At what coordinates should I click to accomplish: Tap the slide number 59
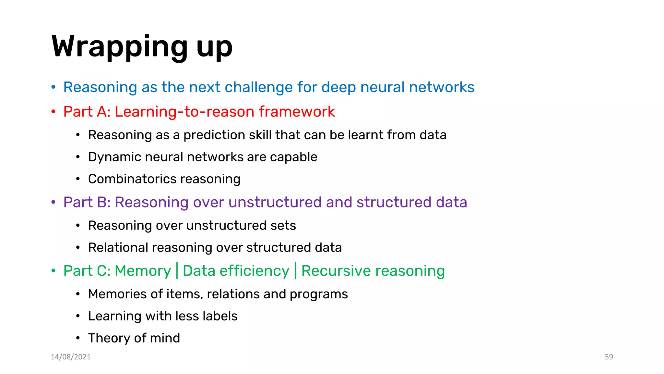point(609,357)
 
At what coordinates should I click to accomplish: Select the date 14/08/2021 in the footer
point(71,357)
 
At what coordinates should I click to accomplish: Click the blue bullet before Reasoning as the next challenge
point(53,87)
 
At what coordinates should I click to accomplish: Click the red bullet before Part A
point(53,111)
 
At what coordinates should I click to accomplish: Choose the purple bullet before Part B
point(53,202)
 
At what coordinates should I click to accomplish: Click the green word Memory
point(143,271)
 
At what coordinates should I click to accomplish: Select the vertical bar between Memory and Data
point(177,270)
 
